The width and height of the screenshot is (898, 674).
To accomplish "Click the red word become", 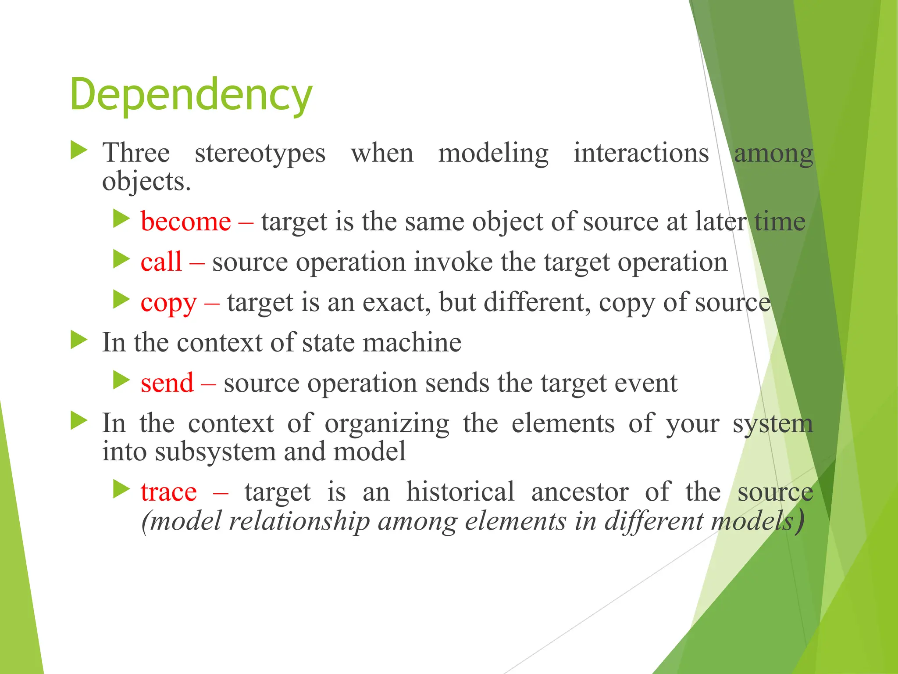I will [x=185, y=221].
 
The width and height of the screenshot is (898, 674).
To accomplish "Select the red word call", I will [x=161, y=262].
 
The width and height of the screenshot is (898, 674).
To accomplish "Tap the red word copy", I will [x=168, y=303].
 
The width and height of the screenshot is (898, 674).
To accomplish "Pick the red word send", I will [x=167, y=383].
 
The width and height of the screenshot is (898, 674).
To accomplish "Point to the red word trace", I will [x=169, y=491].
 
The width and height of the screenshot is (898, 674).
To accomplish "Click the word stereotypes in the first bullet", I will [x=260, y=154].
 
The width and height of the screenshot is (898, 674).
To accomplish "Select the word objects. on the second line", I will [x=146, y=182].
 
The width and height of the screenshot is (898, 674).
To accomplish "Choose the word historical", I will [x=460, y=491].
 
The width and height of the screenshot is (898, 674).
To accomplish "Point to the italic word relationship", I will [x=299, y=521].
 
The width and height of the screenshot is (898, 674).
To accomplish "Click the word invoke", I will [x=453, y=262].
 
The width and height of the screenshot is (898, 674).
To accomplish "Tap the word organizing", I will [x=387, y=423].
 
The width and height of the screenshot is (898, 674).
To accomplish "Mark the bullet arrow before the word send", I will [x=121, y=380].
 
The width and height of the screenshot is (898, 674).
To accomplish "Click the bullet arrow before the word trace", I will [x=121, y=489].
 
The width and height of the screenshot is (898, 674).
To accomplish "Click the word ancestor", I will [x=580, y=491].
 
